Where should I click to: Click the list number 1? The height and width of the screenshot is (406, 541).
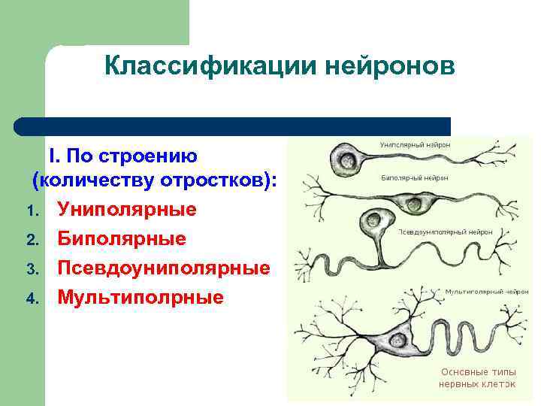pyautogui.click(x=31, y=211)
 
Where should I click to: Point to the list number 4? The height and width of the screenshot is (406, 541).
pyautogui.click(x=31, y=298)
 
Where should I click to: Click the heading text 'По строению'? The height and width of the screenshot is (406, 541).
pyautogui.click(x=132, y=156)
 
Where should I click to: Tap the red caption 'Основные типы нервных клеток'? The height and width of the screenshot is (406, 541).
pyautogui.click(x=478, y=377)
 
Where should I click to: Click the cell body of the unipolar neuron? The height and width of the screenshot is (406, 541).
pyautogui.click(x=347, y=159)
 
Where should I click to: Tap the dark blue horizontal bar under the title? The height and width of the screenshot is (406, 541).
pyautogui.click(x=233, y=126)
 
